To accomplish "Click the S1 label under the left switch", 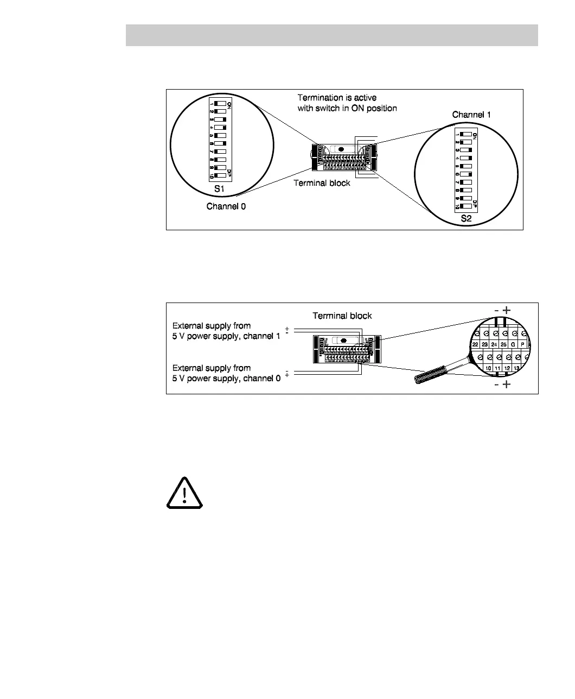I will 219,189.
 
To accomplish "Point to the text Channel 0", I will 226,206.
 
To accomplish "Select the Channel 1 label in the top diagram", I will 471,115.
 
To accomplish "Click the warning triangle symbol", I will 184,493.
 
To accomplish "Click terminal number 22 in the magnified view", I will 475,344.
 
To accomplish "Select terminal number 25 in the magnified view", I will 503,344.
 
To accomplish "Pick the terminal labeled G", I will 513,344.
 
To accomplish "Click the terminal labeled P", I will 522,344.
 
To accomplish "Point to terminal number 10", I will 489,368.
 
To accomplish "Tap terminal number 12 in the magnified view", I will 507,368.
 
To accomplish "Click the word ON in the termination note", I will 359,108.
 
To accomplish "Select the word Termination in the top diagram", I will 321,98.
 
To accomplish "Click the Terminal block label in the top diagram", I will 322,183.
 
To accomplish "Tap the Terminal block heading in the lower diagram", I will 342,316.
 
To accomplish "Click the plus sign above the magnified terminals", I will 507,310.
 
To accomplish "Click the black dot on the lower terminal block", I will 342,341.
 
